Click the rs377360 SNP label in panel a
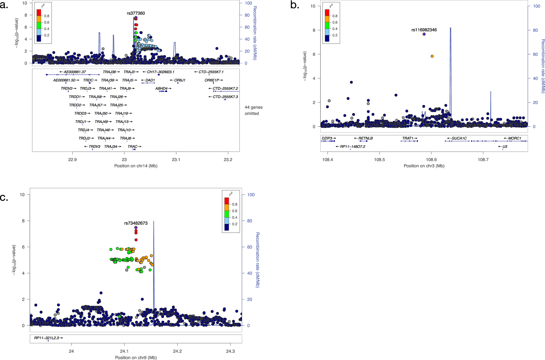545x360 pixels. point(136,13)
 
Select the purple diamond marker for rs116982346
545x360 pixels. point(424,34)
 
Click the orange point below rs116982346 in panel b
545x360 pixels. point(432,56)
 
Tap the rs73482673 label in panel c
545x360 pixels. point(136,223)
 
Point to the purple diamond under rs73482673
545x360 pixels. point(136,228)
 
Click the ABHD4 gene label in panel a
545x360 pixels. point(161,88)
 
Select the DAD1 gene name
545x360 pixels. point(150,80)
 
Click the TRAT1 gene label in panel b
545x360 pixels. point(408,138)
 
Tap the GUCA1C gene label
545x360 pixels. point(459,138)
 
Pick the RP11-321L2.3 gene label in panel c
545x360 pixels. point(46,338)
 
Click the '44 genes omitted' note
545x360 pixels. point(253,110)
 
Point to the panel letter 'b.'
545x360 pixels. point(295,5)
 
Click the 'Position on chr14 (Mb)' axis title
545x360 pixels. point(136,166)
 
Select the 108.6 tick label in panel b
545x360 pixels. point(431,160)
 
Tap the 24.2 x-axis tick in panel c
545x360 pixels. point(177,351)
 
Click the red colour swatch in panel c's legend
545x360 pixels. point(227,201)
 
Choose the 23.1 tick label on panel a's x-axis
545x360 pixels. point(176,160)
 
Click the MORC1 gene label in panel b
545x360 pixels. point(515,138)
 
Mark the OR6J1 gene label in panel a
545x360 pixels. point(180,80)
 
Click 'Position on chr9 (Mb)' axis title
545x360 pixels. point(136,357)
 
